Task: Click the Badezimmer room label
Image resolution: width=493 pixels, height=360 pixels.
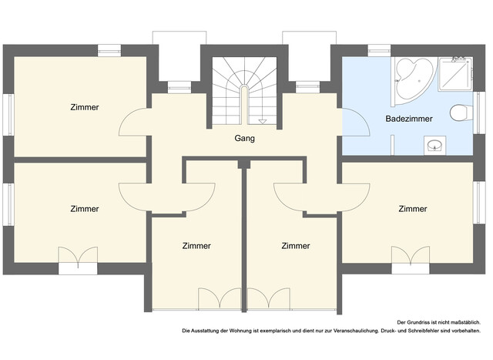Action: pyautogui.click(x=409, y=119)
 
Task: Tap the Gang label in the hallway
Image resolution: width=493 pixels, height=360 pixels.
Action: pyautogui.click(x=245, y=139)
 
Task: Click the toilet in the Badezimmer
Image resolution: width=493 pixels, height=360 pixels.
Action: pyautogui.click(x=461, y=113)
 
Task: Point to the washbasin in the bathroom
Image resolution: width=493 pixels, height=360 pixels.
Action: pyautogui.click(x=434, y=146)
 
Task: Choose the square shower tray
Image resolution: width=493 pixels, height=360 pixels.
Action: pyautogui.click(x=455, y=74)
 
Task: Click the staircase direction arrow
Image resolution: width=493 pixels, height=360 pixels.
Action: pyautogui.click(x=262, y=122)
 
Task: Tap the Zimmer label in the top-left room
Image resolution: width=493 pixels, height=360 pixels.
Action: pyautogui.click(x=85, y=107)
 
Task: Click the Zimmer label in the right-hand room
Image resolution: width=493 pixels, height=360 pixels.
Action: pyautogui.click(x=413, y=209)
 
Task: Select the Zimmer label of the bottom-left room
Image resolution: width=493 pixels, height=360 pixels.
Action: pyautogui.click(x=85, y=209)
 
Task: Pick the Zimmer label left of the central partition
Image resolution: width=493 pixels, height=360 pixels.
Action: pyautogui.click(x=196, y=246)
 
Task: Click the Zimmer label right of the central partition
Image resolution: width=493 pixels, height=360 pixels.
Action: pyautogui.click(x=296, y=246)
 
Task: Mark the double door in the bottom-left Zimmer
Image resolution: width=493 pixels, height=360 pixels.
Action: pyautogui.click(x=78, y=255)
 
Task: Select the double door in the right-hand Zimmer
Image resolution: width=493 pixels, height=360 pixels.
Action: pyautogui.click(x=411, y=254)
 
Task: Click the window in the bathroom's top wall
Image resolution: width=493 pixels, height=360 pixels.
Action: pyautogui.click(x=379, y=51)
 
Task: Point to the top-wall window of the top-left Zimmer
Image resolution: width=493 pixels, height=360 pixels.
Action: pyautogui.click(x=109, y=51)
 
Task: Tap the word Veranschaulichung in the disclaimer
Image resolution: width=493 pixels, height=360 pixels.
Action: pyautogui.click(x=356, y=331)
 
